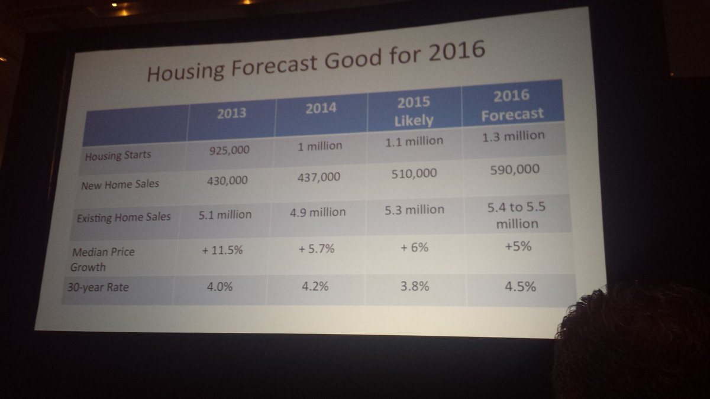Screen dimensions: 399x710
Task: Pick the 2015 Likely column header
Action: point(413,110)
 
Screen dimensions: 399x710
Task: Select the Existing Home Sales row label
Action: point(124,217)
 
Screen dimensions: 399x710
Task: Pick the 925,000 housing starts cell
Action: point(229,150)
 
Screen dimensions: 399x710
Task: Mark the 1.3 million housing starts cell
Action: point(512,136)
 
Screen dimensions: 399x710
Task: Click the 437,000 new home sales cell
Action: point(320,177)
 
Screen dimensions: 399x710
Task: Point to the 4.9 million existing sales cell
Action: point(319,210)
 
